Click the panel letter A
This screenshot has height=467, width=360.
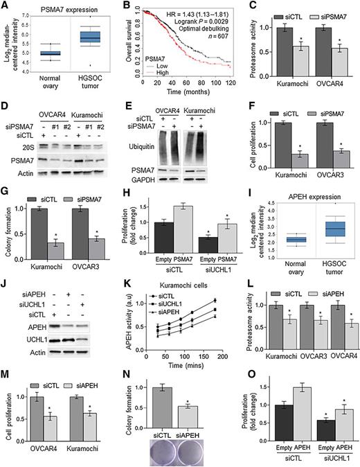click(x=6, y=6)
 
